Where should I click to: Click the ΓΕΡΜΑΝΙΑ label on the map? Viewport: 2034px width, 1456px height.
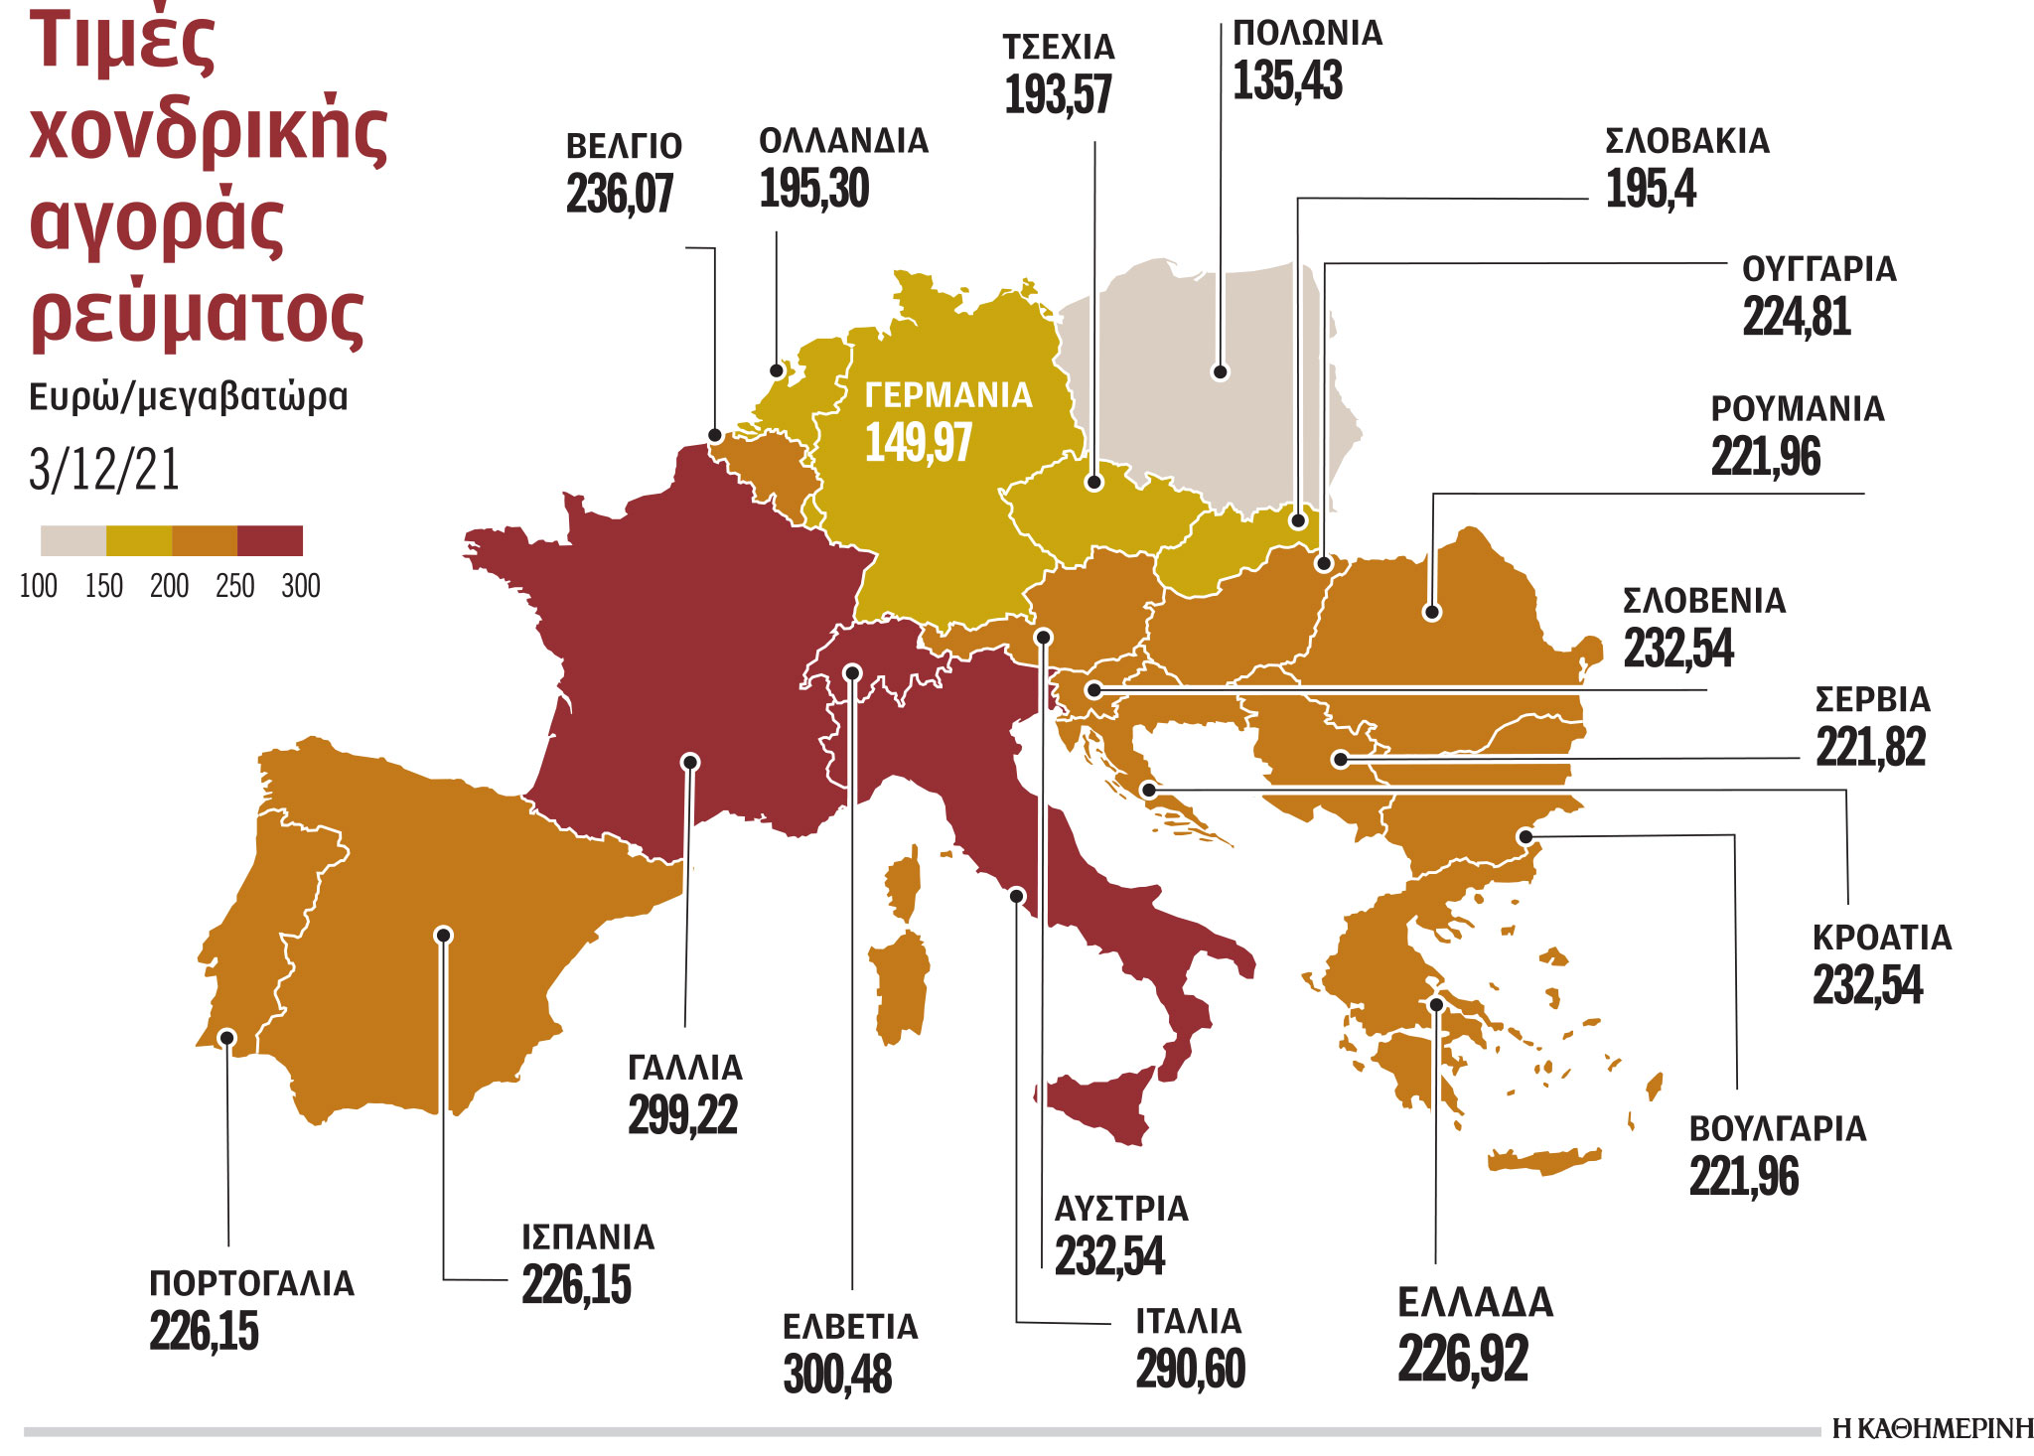pyautogui.click(x=948, y=395)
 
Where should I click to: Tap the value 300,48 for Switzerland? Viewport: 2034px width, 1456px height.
pyautogui.click(x=837, y=1375)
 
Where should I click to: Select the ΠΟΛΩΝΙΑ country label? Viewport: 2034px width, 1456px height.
pyautogui.click(x=1307, y=34)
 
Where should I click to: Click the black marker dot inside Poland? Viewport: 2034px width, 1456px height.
pyautogui.click(x=1221, y=372)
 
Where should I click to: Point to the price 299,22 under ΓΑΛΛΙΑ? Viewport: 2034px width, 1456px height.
pyautogui.click(x=682, y=1115)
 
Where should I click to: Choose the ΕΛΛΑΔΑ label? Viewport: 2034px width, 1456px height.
pyautogui.click(x=1475, y=1303)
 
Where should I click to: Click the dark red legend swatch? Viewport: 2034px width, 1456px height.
pyautogui.click(x=270, y=541)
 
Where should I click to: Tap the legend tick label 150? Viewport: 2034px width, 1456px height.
pyautogui.click(x=104, y=586)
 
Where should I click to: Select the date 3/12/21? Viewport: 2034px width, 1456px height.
pyautogui.click(x=104, y=470)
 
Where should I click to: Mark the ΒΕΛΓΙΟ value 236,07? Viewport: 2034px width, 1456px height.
pyautogui.click(x=620, y=194)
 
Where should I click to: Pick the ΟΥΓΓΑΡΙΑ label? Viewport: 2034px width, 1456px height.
pyautogui.click(x=1818, y=269)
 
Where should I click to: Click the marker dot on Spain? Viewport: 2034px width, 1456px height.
pyautogui.click(x=444, y=935)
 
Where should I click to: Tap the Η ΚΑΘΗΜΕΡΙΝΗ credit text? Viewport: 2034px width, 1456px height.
pyautogui.click(x=1932, y=1429)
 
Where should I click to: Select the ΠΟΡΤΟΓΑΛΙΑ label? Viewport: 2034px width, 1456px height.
pyautogui.click(x=251, y=1283)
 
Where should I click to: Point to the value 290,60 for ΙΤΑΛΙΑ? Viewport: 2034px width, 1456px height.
pyautogui.click(x=1190, y=1370)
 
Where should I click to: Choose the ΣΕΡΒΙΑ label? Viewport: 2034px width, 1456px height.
pyautogui.click(x=1872, y=700)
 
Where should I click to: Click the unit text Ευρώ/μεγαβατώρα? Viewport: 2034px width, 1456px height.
pyautogui.click(x=188, y=397)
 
